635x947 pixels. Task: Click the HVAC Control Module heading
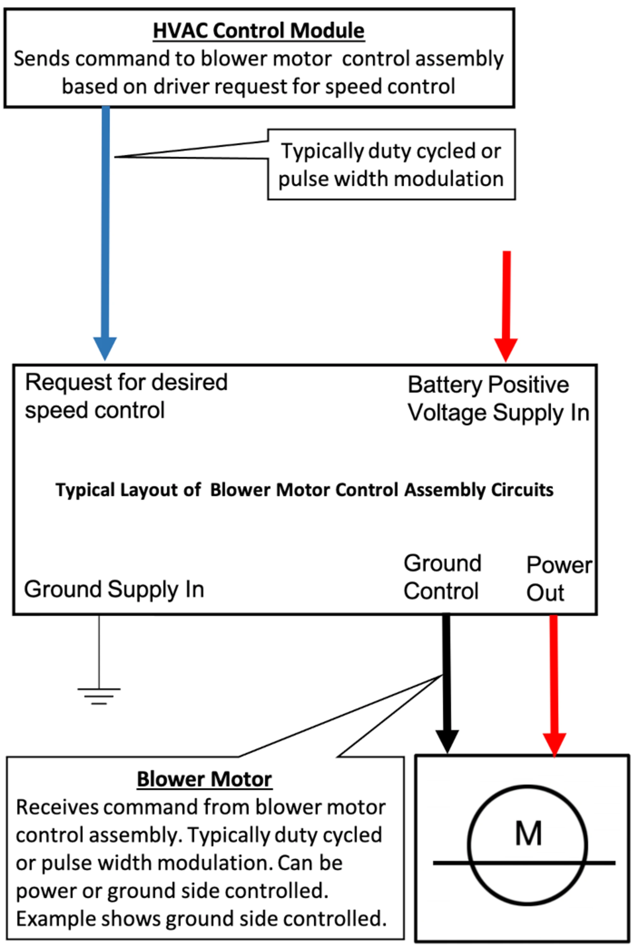click(258, 31)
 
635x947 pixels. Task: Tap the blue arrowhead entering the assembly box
click(105, 347)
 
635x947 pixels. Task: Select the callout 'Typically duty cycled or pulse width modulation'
click(391, 164)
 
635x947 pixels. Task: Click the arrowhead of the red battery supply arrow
click(505, 349)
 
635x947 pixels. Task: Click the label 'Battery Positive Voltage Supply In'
click(498, 398)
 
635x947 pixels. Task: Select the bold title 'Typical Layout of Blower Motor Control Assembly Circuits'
click(304, 490)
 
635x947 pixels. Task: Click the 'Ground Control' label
click(442, 577)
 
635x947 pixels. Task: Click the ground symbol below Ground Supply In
click(99, 696)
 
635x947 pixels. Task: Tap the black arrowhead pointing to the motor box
click(447, 741)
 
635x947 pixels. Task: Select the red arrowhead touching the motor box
click(554, 744)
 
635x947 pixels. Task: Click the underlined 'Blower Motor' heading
click(204, 779)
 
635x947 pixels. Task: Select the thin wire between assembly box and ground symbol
click(99, 652)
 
